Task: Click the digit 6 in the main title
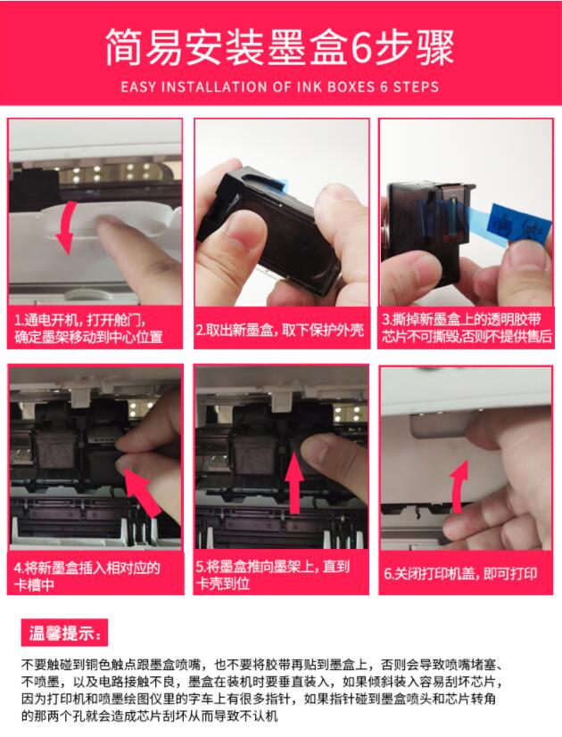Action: point(360,47)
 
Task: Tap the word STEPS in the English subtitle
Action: point(416,87)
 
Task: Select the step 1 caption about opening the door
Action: point(88,329)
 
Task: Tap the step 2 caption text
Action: point(280,330)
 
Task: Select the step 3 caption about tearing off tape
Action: point(467,328)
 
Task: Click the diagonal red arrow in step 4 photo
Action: point(144,494)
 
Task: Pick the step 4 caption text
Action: point(87,576)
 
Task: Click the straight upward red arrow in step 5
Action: point(295,483)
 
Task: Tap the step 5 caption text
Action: point(273,575)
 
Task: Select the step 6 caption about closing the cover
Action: point(461,574)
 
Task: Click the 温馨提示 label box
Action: point(64,633)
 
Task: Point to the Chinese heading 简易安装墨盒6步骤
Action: point(279,47)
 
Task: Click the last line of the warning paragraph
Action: point(150,716)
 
